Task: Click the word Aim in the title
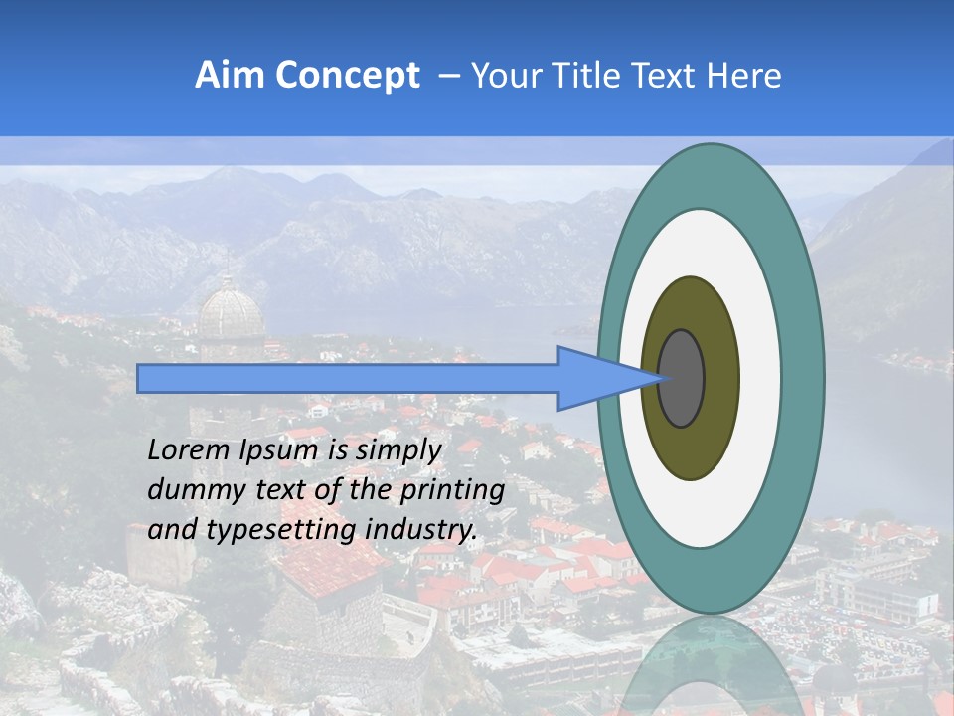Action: [231, 76]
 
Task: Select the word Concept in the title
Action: [347, 76]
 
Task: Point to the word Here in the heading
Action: [743, 76]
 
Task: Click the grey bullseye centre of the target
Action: [681, 378]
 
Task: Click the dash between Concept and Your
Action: [448, 76]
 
